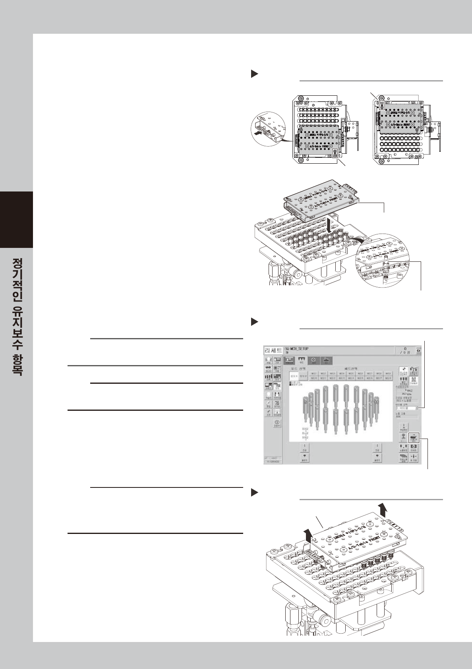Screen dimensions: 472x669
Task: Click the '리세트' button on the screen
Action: [273, 351]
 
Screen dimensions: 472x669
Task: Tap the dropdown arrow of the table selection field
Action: [417, 408]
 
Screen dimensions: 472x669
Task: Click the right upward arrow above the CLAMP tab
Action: [382, 509]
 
